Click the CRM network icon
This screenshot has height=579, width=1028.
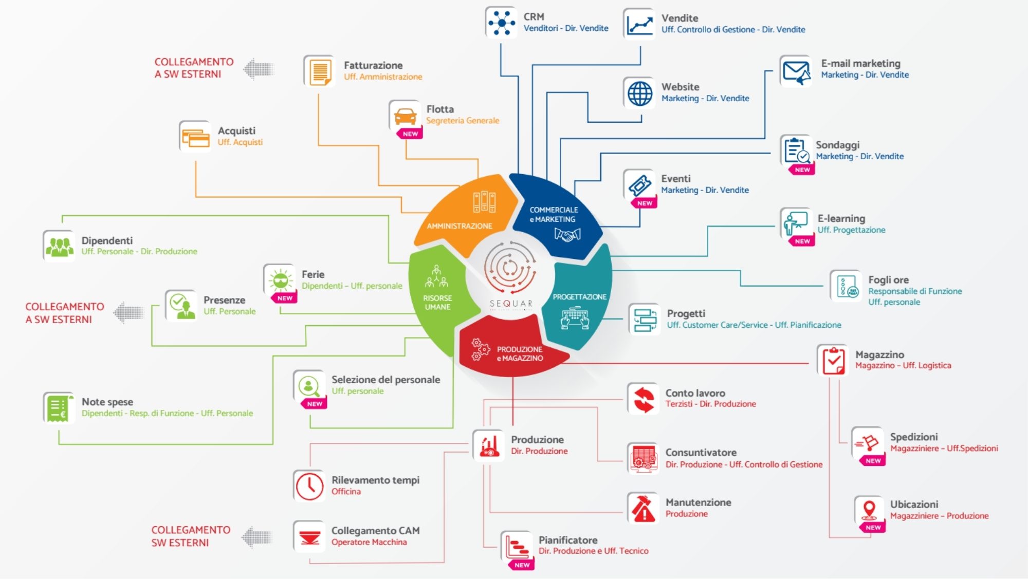501,23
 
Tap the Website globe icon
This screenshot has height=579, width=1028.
639,93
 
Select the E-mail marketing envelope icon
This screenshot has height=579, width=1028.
796,71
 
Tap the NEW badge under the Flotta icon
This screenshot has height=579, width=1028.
410,134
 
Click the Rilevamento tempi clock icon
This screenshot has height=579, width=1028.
309,485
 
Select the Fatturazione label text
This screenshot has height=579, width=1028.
373,65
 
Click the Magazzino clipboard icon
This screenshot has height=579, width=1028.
833,360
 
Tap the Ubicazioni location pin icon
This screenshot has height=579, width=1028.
869,510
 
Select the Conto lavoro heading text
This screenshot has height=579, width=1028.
695,393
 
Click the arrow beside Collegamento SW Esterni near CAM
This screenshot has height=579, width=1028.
257,537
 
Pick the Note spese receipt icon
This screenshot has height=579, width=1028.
58,407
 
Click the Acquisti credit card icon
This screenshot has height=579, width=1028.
195,137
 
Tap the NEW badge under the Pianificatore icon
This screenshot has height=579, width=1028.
522,565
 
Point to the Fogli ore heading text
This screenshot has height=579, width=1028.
888,280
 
